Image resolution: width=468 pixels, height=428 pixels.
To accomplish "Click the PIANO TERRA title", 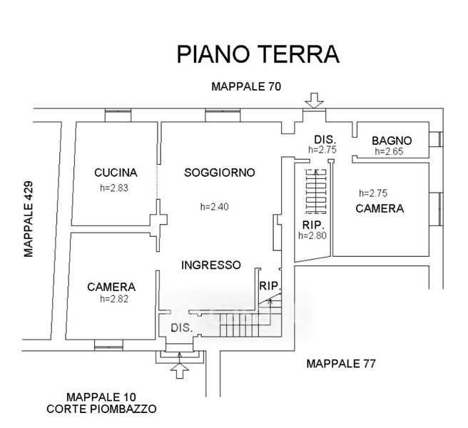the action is click(258, 54).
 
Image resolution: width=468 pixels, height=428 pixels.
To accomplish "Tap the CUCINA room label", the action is click(116, 173).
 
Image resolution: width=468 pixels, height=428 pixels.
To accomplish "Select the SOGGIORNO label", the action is click(220, 173).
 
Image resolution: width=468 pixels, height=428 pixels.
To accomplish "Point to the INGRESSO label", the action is click(211, 265).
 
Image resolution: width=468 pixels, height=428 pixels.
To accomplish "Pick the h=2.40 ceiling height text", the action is click(214, 207).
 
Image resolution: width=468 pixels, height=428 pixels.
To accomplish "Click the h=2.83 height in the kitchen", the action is click(114, 188).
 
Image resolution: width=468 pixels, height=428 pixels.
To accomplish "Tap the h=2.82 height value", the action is click(114, 299).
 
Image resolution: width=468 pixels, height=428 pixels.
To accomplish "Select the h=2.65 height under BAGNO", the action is click(389, 151).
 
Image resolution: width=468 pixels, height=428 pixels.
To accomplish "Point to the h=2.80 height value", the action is click(312, 235).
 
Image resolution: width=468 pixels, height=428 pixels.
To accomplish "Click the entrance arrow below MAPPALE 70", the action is click(315, 101).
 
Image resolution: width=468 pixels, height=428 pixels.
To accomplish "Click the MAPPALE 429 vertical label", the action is click(29, 220).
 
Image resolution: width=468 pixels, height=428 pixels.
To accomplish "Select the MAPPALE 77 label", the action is click(341, 364).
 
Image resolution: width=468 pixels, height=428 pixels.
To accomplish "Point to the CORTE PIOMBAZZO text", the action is click(101, 409).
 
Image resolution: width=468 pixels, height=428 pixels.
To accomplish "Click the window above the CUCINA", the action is click(118, 116).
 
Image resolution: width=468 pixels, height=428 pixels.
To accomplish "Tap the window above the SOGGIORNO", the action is click(223, 116).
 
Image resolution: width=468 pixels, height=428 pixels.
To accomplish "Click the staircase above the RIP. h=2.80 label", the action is click(316, 191).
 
